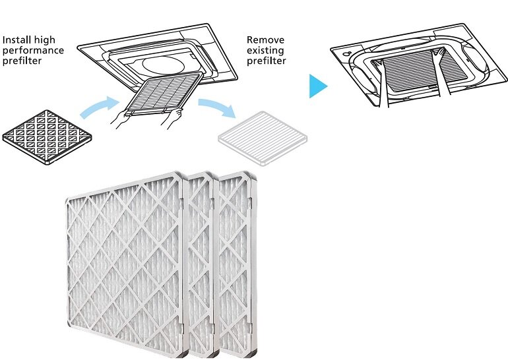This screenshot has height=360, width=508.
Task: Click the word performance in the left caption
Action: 33,50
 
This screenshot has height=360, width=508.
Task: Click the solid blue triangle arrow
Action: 318,86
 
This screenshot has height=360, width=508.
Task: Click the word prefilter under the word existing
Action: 267,61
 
